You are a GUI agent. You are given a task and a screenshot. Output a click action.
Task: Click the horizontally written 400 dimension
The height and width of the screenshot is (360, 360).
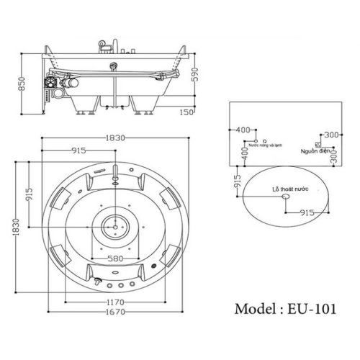(243, 130)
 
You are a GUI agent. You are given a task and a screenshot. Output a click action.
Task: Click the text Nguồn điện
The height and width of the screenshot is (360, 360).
(315, 151)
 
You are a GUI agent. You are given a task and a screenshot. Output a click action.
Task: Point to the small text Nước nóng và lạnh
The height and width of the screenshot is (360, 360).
(263, 145)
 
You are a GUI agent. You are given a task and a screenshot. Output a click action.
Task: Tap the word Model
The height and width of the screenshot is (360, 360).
(256, 308)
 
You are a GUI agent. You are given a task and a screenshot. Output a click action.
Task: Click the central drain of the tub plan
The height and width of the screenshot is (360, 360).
(114, 225)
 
